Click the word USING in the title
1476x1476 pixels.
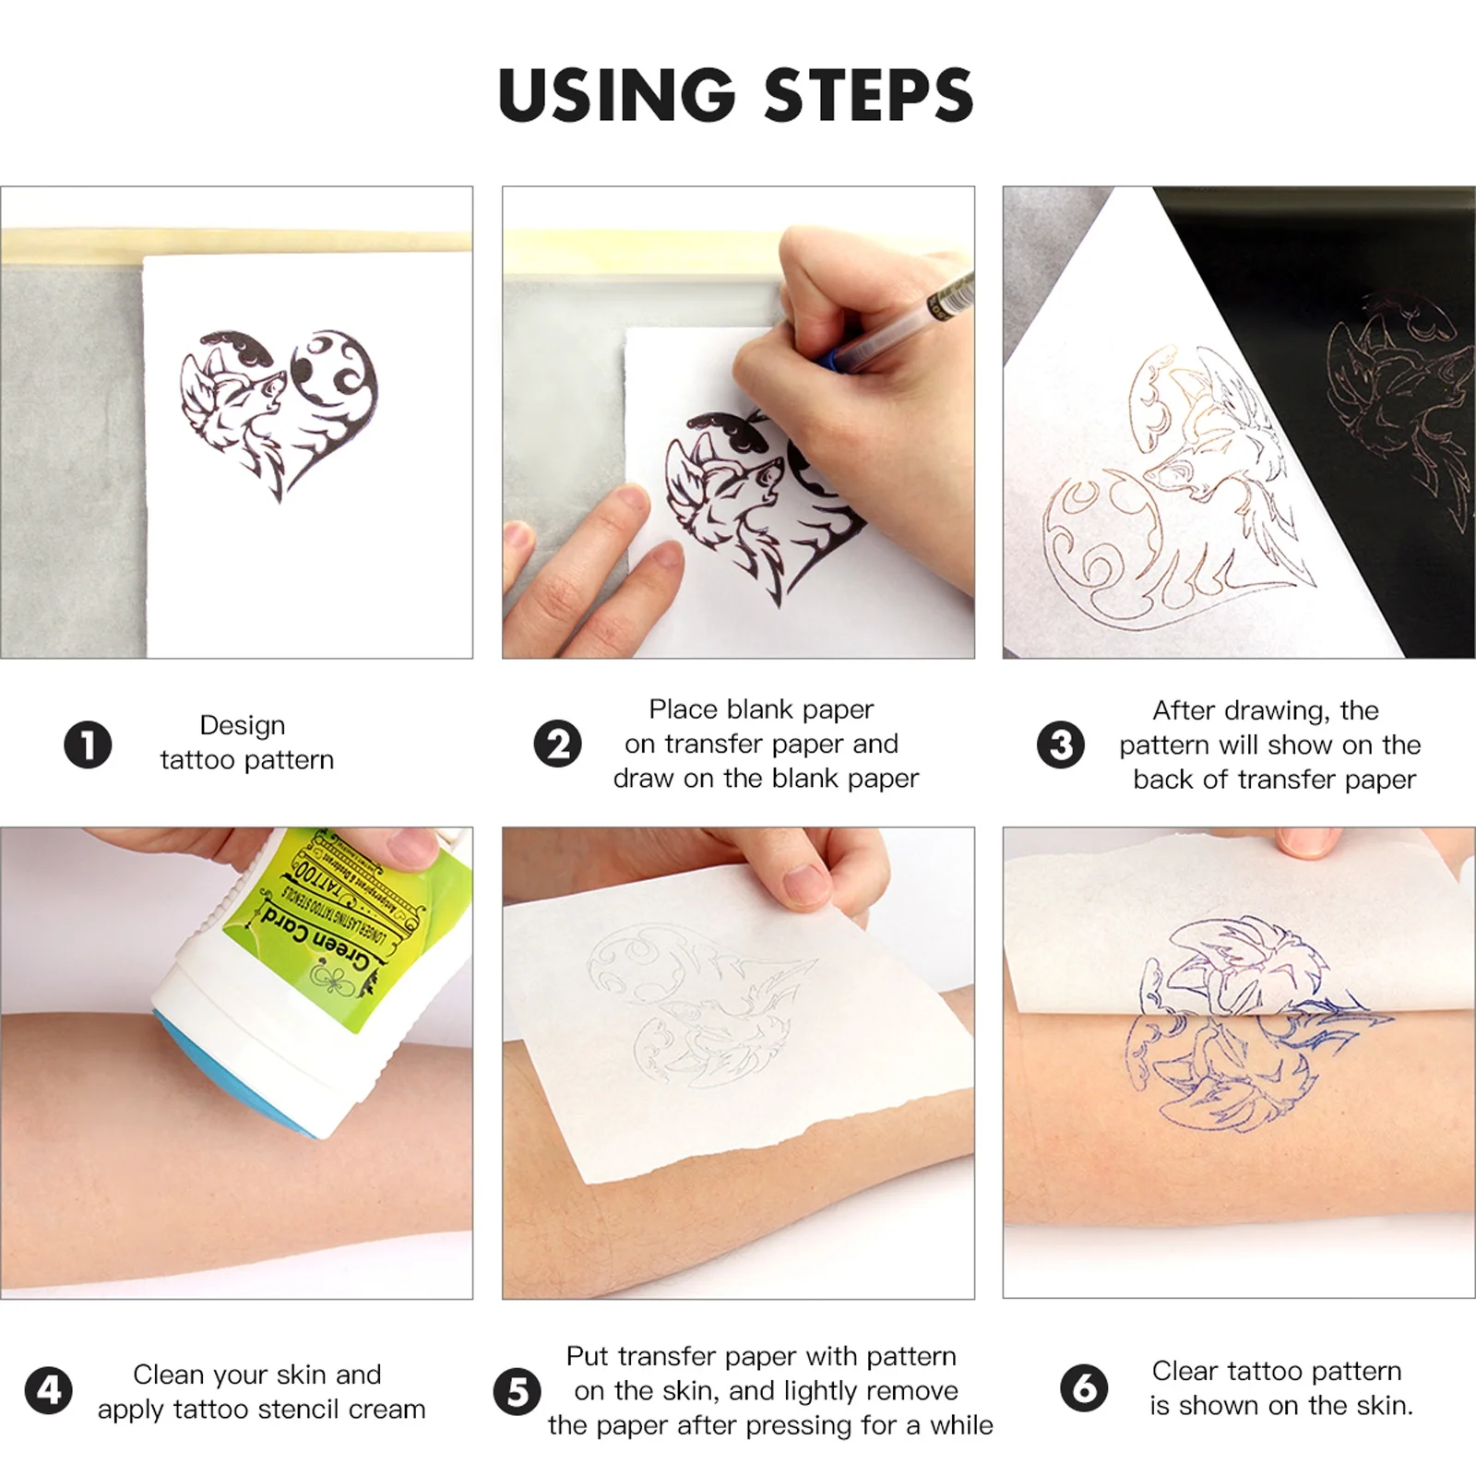tap(615, 95)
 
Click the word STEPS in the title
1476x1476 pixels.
tap(868, 95)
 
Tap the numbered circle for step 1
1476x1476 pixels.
tap(88, 744)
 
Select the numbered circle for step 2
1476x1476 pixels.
tap(558, 744)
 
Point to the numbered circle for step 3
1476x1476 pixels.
tap(1061, 744)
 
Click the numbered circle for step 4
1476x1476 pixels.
tap(48, 1390)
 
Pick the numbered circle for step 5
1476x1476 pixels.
tap(518, 1391)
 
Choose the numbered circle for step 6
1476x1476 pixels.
tap(1084, 1388)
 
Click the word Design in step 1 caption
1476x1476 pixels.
tap(242, 725)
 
